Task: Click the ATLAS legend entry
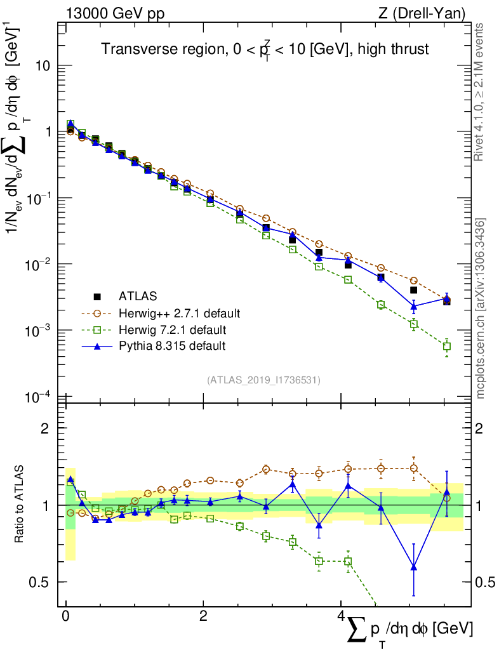tap(137, 296)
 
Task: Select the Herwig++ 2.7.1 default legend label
tap(179, 313)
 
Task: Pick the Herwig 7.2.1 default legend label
tap(172, 329)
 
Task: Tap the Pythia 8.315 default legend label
tap(171, 346)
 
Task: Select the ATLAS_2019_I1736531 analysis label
tap(263, 380)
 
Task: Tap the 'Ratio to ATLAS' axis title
tap(20, 505)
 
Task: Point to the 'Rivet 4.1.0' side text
tap(481, 91)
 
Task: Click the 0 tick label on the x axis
tap(65, 618)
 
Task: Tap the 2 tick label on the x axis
tap(203, 618)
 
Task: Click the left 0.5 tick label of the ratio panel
tap(41, 582)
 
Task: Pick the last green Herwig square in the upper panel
tap(447, 347)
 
